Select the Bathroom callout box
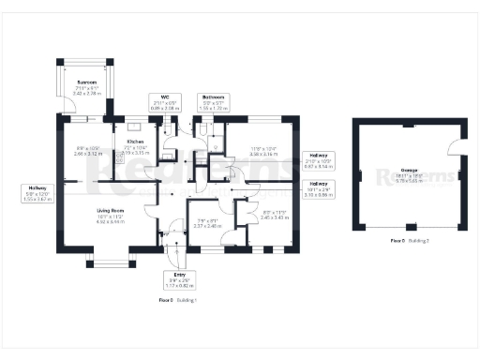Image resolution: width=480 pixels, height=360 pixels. [213, 103]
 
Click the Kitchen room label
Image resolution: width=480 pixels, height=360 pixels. [123, 142]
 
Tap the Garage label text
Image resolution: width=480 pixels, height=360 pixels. [410, 172]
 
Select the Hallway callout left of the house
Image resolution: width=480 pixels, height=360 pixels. [38, 194]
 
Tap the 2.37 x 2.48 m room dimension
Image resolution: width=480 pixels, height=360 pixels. [205, 226]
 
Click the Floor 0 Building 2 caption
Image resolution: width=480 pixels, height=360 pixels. [410, 241]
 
